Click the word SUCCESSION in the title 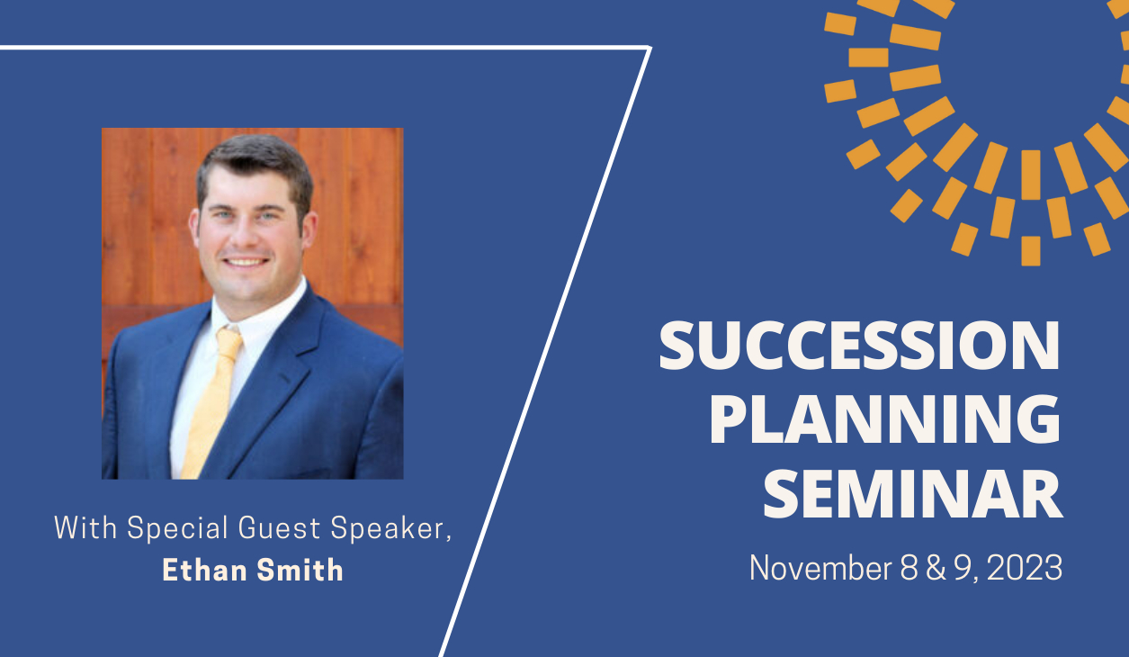(x=859, y=347)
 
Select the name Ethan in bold (x=203, y=570)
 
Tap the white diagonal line (x=549, y=351)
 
